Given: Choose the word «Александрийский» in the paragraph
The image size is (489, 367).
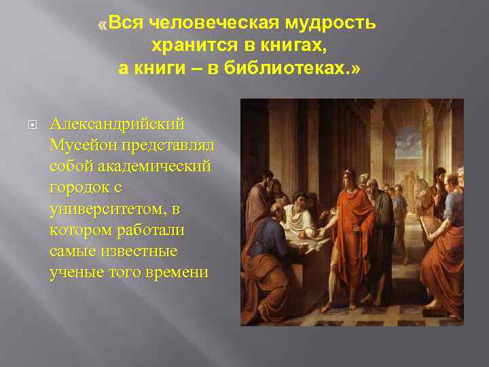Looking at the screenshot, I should click(x=117, y=124).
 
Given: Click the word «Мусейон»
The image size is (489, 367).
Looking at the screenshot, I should click(x=83, y=145).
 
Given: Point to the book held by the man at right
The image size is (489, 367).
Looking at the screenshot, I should click(x=429, y=228).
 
